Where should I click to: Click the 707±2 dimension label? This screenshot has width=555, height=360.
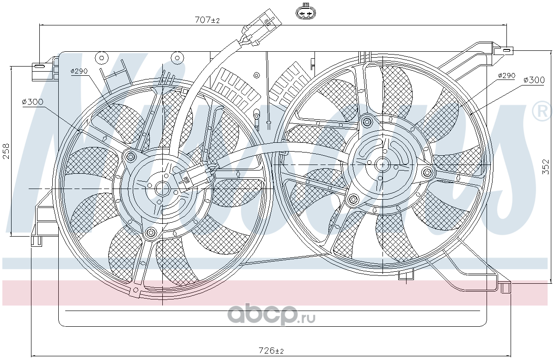click(207, 20)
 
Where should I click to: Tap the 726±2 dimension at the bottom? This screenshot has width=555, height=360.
click(271, 350)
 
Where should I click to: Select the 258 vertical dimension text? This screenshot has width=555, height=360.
click(6, 151)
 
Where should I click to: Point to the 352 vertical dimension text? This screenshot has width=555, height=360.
click(545, 167)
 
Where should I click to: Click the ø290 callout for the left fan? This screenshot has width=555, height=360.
click(79, 71)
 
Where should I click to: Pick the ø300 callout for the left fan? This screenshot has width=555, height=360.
click(32, 102)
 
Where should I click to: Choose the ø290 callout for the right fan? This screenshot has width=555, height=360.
click(507, 75)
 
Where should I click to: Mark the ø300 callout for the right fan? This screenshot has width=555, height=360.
click(534, 80)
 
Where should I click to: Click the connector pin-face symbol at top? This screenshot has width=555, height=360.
click(306, 12)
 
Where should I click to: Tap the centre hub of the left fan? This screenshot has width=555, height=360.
click(162, 189)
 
